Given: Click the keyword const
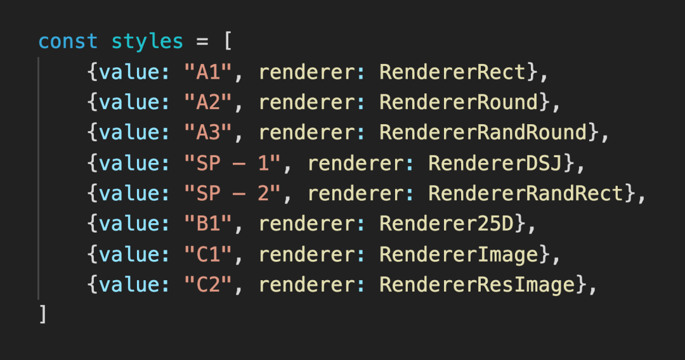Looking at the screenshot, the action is [68, 42].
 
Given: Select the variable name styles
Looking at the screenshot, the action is [147, 42].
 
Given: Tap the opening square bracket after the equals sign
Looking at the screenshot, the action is [227, 42].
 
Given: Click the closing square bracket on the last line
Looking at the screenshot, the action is [42, 314].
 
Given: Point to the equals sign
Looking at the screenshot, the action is [202, 42].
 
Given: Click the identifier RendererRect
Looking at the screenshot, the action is [453, 72].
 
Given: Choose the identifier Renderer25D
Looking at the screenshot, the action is [447, 224].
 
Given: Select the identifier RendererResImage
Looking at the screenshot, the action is [477, 285].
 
